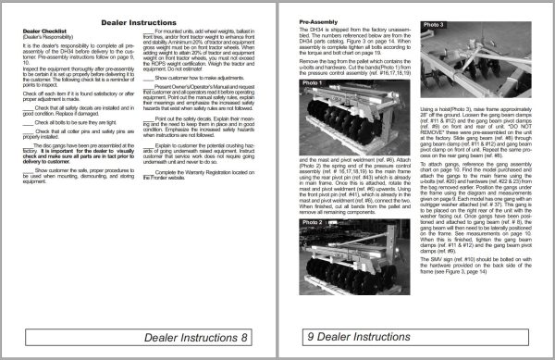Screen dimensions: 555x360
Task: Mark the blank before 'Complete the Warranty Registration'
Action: [149, 224]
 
